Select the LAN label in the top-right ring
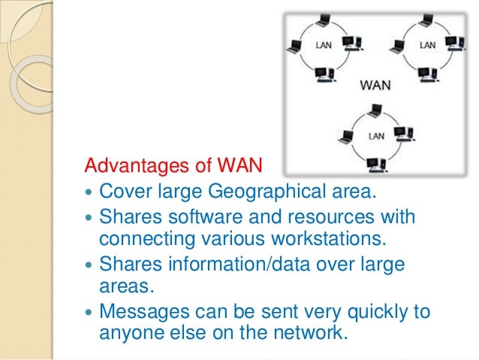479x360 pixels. (x=426, y=45)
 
